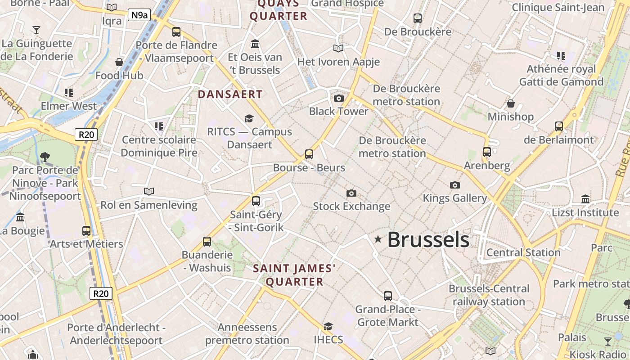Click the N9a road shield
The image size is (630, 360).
[139, 15]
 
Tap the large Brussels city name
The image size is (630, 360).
[428, 239]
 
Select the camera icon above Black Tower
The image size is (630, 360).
[339, 98]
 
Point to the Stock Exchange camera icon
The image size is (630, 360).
[351, 193]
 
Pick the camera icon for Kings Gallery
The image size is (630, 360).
[455, 185]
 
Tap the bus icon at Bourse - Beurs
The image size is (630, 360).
[309, 154]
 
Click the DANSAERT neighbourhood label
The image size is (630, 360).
[230, 94]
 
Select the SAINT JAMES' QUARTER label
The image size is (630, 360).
[294, 275]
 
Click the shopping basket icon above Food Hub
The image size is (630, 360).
[119, 62]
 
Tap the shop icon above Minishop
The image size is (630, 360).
[511, 104]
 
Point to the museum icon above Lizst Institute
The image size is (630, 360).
[585, 199]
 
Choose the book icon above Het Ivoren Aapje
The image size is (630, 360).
[338, 48]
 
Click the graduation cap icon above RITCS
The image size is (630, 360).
[249, 118]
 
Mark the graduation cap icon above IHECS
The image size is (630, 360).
[328, 326]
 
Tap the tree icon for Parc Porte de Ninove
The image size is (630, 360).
[45, 157]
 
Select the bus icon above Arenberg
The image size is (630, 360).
[487, 152]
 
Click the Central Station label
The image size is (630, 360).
[523, 252]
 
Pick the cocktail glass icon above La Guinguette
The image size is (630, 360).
[36, 30]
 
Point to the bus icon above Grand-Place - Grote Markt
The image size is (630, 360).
[388, 296]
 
